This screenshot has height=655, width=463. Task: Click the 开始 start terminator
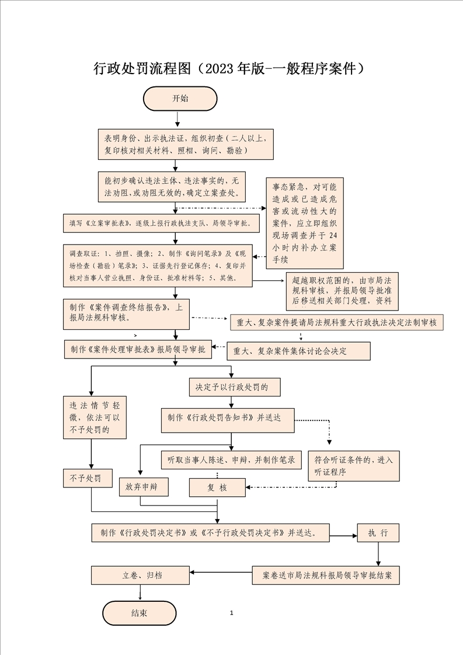pyautogui.click(x=180, y=98)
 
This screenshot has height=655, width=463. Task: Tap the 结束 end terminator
pyautogui.click(x=139, y=613)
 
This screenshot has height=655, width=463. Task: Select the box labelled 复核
pyautogui.click(x=217, y=487)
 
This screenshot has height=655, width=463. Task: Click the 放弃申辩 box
pyautogui.click(x=143, y=486)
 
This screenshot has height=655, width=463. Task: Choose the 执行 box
pyautogui.click(x=378, y=533)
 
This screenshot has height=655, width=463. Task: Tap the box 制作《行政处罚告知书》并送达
pyautogui.click(x=228, y=420)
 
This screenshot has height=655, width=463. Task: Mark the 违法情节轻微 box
pyautogui.click(x=94, y=417)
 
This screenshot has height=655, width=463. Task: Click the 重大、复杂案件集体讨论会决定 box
pyautogui.click(x=298, y=351)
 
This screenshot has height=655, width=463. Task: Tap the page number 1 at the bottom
pyautogui.click(x=232, y=613)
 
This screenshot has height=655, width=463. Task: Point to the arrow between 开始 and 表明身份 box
pyautogui.click(x=177, y=119)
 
